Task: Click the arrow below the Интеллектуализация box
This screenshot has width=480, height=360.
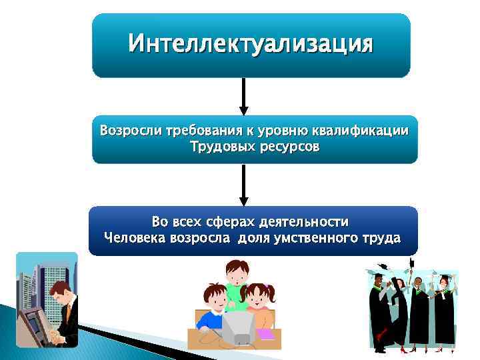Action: (x=244, y=97)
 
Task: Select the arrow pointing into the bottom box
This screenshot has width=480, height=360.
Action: (x=244, y=185)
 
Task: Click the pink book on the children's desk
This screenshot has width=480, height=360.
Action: (x=266, y=334)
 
